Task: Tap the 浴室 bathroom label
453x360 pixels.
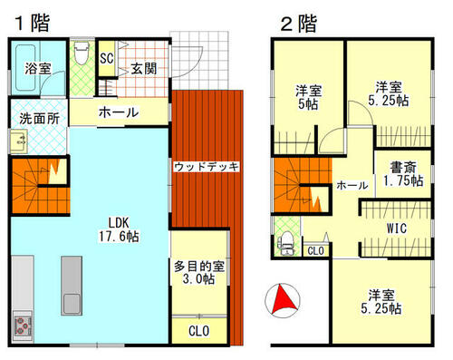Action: [38, 68]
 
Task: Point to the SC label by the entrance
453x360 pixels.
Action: [106, 59]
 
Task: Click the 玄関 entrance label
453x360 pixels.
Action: [142, 68]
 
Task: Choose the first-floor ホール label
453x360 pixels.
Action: [118, 113]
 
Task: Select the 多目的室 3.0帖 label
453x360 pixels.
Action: [198, 273]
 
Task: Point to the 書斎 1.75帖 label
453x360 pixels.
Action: [401, 173]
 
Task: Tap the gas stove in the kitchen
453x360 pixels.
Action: [22, 325]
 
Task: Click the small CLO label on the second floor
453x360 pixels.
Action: [316, 250]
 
